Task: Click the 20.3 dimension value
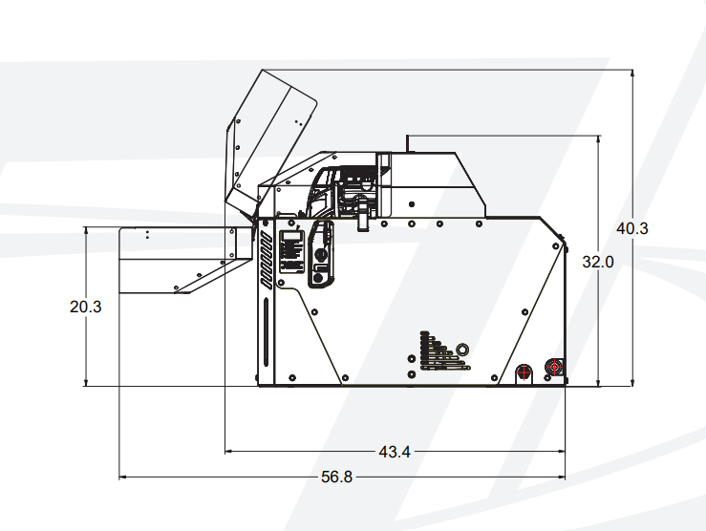pos(86,307)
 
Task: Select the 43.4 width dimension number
pos(395,452)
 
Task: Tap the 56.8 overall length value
pos(337,477)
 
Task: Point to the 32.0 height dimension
pos(597,262)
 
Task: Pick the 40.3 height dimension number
pos(632,228)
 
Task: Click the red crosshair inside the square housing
pos(554,368)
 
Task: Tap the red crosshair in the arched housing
pos(524,373)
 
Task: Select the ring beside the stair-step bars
pos(462,349)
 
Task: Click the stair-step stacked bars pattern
pos(444,351)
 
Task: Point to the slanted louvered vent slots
pos(266,261)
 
